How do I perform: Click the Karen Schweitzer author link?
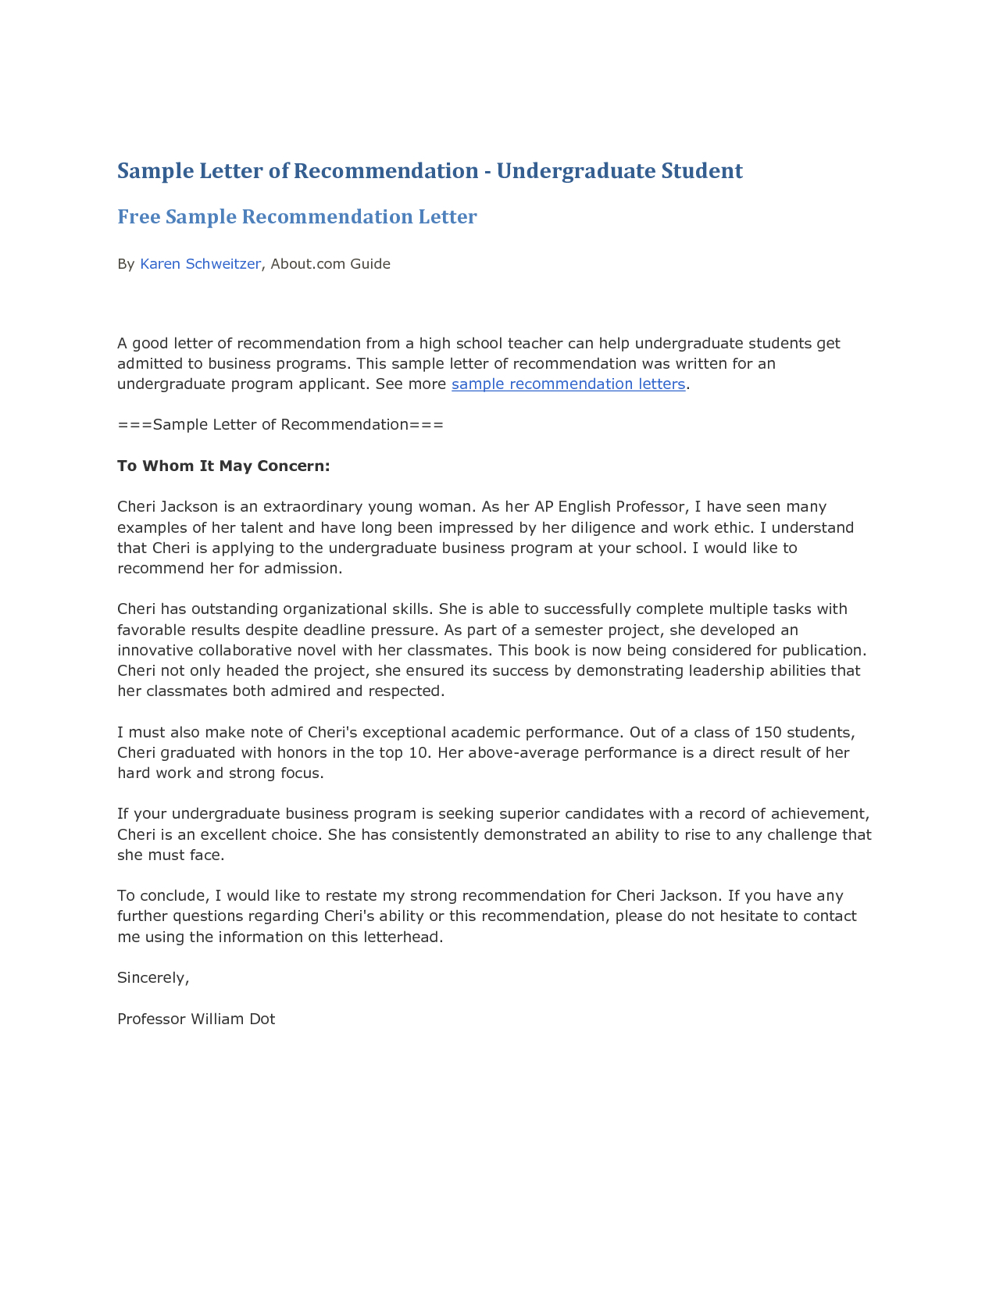point(200,264)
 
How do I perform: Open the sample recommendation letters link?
point(568,384)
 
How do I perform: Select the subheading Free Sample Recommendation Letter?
point(297,217)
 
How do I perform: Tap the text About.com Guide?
point(330,264)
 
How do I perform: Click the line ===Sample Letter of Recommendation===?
point(280,425)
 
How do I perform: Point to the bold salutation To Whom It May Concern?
point(223,466)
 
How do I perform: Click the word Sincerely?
point(153,977)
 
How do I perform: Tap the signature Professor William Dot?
point(196,1019)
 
